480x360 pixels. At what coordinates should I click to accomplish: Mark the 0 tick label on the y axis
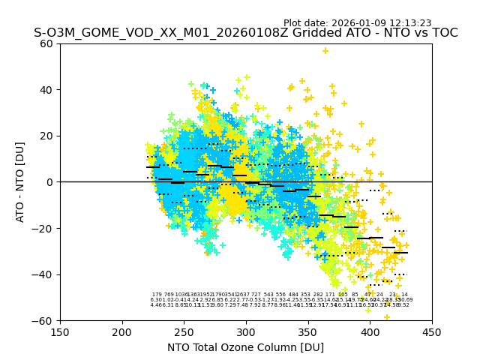50,182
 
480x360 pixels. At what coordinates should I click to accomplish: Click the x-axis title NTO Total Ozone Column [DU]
245,347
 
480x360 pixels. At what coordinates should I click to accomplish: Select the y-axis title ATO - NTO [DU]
21,182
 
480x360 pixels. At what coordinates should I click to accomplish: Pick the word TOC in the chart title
442,33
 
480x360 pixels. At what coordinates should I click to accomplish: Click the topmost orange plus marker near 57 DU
325,51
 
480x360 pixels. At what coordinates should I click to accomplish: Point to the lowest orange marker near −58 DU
387,316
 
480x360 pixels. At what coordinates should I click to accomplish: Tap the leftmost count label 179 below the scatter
157,295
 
